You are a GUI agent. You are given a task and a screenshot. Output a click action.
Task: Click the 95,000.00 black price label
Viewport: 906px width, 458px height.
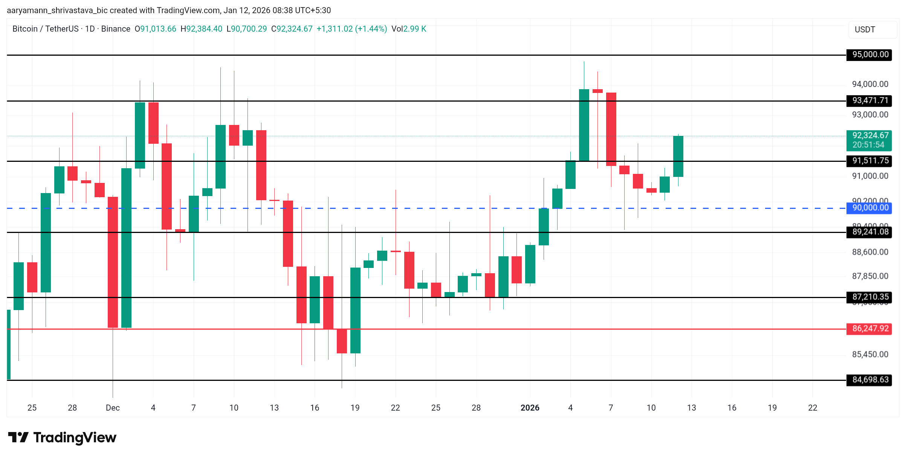[x=870, y=55]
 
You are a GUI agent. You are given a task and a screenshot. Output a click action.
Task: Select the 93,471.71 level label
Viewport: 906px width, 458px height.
[x=870, y=100]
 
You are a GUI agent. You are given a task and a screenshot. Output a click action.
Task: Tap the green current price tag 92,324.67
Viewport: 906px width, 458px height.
[x=870, y=140]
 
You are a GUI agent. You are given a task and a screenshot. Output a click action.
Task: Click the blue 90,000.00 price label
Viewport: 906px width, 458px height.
[x=870, y=208]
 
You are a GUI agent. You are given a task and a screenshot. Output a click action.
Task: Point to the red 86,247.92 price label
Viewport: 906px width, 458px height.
[x=870, y=329]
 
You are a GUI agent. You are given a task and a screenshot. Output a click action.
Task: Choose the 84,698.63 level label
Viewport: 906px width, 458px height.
[x=870, y=380]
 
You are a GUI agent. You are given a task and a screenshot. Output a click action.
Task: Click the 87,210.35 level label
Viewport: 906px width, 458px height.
[x=870, y=297]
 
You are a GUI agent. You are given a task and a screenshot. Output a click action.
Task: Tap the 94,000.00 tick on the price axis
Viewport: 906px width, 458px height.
[x=870, y=84]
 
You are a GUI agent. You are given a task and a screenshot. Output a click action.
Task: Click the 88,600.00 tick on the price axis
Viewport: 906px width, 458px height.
[x=870, y=252]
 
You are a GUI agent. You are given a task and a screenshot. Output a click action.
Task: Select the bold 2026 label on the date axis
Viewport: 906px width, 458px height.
[x=530, y=408]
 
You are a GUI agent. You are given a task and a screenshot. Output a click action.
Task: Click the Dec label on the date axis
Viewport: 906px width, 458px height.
[x=113, y=408]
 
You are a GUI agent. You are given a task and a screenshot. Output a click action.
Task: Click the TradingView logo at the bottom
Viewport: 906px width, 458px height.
[x=63, y=438]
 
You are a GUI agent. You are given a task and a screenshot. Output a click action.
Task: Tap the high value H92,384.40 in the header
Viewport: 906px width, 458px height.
[x=201, y=29]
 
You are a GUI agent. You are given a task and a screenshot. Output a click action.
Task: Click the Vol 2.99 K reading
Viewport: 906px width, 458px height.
[x=409, y=29]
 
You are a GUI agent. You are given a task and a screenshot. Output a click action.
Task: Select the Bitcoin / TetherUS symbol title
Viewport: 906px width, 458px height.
[x=46, y=29]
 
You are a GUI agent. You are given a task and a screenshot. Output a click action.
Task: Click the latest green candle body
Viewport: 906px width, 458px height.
[x=678, y=156]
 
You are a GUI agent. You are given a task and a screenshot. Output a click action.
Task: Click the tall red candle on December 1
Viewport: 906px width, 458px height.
[x=113, y=262]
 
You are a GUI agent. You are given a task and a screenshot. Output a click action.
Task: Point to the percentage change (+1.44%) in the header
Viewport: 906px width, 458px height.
[x=371, y=29]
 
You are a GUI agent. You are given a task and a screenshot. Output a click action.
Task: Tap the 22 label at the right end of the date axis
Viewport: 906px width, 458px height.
[x=813, y=408]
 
